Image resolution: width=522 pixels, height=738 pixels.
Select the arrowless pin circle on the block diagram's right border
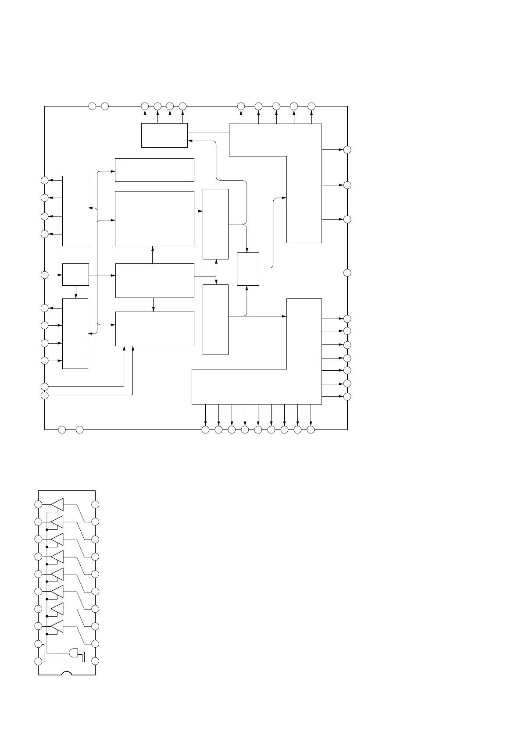coord(347,273)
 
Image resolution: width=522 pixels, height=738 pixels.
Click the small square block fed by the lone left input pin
coord(75,275)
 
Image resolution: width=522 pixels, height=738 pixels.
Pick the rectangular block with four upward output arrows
coord(164,135)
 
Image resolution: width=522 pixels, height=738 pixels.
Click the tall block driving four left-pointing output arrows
coord(75,211)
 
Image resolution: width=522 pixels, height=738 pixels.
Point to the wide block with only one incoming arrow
coord(154,170)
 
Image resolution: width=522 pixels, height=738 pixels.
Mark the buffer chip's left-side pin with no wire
coord(39,661)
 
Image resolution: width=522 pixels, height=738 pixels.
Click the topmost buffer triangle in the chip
coord(57,505)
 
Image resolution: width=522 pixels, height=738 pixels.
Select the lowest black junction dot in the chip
coord(46,633)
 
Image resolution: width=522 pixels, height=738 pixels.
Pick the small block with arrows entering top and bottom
coord(248,269)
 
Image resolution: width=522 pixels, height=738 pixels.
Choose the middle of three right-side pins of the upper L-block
coord(347,185)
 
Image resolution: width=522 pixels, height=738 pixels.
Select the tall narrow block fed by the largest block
coord(215,224)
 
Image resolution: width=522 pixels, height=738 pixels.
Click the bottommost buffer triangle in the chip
coord(57,627)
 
